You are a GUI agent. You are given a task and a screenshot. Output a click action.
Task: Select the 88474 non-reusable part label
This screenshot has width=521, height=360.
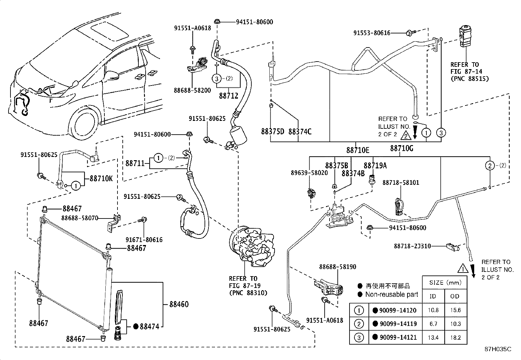tap(149, 326)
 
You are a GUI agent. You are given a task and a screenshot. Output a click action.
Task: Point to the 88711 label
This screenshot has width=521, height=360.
tap(135, 163)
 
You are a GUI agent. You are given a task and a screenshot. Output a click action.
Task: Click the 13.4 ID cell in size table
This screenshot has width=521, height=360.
tap(433, 337)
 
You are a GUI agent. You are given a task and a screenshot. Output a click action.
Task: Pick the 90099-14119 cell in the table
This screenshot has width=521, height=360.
tap(398, 324)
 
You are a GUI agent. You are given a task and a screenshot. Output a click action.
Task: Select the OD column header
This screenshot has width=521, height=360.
tap(455, 296)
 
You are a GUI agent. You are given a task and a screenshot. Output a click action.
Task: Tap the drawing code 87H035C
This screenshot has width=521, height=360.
tap(497, 349)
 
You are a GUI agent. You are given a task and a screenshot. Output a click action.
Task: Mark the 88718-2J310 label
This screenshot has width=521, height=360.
tap(412, 246)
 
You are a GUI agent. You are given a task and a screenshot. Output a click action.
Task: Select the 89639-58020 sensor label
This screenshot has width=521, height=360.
tap(309, 173)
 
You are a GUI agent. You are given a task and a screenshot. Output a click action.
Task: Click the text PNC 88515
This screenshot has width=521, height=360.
tap(469, 79)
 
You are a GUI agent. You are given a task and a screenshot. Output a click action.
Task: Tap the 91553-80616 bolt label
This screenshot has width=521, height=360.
tap(372, 33)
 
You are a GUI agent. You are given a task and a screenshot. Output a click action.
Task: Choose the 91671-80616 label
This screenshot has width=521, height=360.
tap(144, 240)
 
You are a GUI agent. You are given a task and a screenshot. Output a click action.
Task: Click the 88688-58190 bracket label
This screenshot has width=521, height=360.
tap(337, 267)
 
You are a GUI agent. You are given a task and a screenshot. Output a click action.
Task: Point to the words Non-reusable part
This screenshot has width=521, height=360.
tap(391, 294)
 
